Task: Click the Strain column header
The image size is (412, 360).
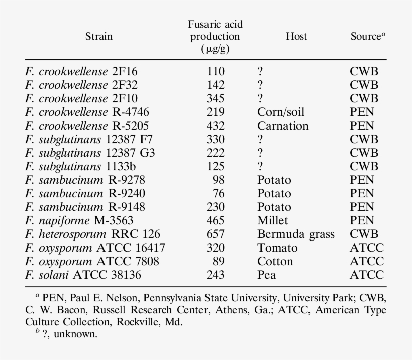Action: [x=99, y=36]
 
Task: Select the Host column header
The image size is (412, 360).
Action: [x=296, y=36]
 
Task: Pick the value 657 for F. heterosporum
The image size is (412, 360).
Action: [x=216, y=234]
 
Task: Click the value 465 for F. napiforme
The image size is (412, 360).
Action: [x=216, y=220]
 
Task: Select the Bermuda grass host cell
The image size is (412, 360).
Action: [x=296, y=234]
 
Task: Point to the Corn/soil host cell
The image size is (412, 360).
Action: [x=281, y=112]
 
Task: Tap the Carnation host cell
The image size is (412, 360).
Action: [x=283, y=126]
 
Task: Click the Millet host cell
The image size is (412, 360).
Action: [x=272, y=220]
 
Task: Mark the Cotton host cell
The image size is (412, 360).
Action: [x=275, y=261]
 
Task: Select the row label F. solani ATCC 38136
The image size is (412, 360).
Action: [x=83, y=275]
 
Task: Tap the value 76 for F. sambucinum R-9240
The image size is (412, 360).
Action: [x=219, y=193]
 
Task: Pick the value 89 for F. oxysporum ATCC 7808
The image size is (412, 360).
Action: [x=219, y=261]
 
